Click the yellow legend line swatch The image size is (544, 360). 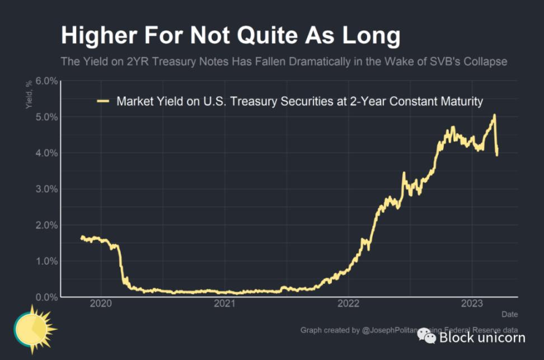click(104, 101)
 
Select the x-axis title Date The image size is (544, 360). click(509, 314)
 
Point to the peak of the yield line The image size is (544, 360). click(494, 115)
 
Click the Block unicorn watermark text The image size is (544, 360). click(482, 337)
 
